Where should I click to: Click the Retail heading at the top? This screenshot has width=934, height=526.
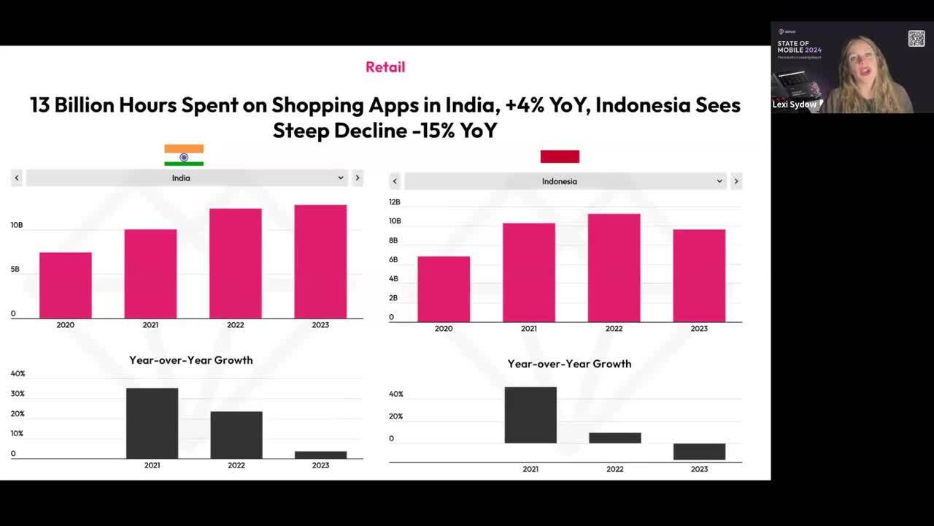tap(385, 67)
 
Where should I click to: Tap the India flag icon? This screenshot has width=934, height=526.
tap(184, 155)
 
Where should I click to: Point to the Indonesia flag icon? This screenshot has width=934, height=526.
tap(560, 156)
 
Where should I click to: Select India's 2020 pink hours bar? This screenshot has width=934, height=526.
tap(66, 285)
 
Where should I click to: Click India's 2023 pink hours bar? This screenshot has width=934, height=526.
tap(320, 262)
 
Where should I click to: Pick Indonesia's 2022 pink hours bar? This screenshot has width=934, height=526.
tap(614, 267)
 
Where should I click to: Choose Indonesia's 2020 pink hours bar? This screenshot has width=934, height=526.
tap(444, 289)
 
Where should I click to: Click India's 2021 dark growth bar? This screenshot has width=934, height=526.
tap(152, 423)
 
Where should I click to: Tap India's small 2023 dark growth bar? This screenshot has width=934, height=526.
tap(320, 454)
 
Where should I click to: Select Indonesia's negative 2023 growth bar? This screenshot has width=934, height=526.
tap(699, 451)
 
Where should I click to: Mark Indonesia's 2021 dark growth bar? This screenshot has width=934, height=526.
tap(530, 415)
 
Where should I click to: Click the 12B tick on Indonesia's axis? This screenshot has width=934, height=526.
tap(395, 202)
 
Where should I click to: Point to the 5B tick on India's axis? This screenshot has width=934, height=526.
tap(16, 270)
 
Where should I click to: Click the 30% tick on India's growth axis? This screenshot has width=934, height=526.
tap(18, 394)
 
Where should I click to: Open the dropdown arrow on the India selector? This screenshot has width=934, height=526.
tap(340, 178)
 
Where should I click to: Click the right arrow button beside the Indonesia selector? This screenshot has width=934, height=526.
tap(736, 181)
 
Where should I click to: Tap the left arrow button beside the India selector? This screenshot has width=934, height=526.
tap(17, 178)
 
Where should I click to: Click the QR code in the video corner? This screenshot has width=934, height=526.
tap(916, 39)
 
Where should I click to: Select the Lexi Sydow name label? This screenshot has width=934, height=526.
tap(793, 104)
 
